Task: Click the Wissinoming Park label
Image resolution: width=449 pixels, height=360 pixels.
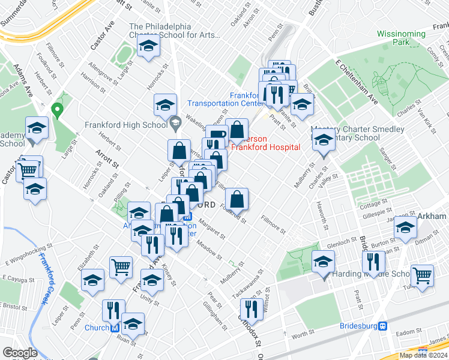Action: click(x=401, y=37)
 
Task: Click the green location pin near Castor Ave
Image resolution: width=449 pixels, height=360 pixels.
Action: click(x=58, y=110)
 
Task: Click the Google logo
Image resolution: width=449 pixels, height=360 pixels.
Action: click(x=20, y=353)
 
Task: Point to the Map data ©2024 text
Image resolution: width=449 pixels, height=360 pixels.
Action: click(x=423, y=355)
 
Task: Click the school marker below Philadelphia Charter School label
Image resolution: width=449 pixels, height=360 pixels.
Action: click(x=148, y=47)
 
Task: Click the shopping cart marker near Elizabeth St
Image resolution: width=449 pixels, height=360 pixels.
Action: click(x=121, y=267)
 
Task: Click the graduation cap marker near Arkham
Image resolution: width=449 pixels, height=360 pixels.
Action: click(x=406, y=228)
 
